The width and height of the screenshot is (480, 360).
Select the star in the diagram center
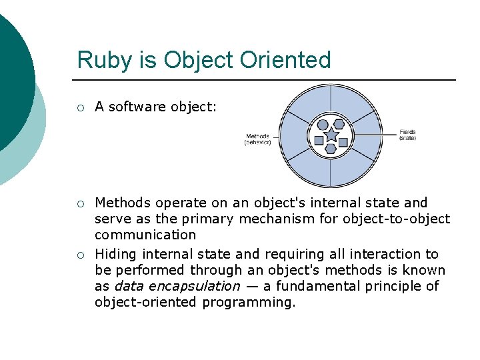[x=331, y=136]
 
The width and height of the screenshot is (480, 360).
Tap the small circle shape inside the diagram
[x=323, y=125]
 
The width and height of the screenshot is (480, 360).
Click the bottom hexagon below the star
[x=331, y=149]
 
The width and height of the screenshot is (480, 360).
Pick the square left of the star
[x=319, y=140]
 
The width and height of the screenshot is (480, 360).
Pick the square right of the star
[x=343, y=141]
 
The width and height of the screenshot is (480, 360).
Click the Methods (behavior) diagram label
[x=258, y=139]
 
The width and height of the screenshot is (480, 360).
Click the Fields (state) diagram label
[x=407, y=135]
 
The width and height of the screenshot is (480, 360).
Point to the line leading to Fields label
[x=373, y=134]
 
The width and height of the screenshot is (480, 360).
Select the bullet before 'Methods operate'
[x=80, y=203]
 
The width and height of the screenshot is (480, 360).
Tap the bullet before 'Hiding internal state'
[x=80, y=255]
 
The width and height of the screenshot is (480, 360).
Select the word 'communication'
[x=145, y=235]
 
